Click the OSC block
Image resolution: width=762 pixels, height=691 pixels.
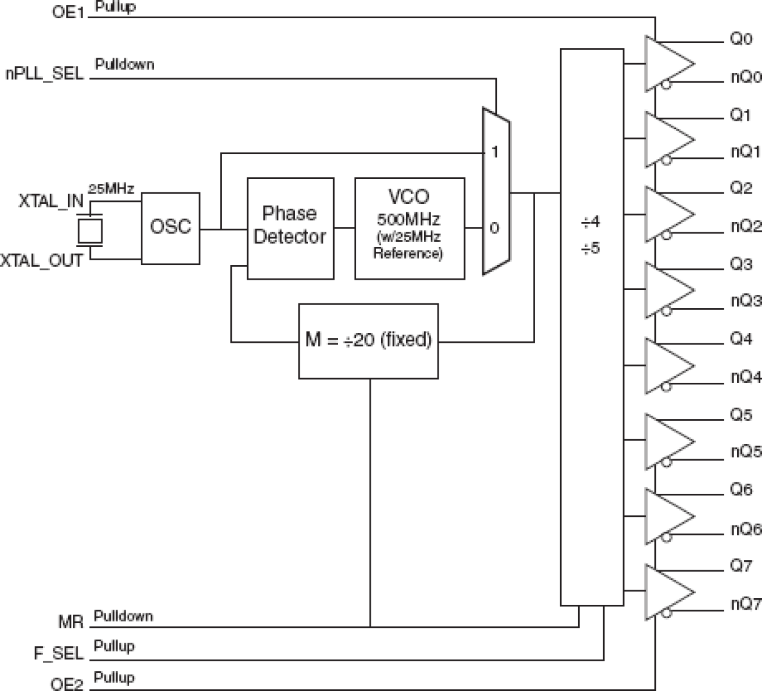pyautogui.click(x=170, y=228)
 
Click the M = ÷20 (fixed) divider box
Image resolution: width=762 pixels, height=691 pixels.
pyautogui.click(x=368, y=341)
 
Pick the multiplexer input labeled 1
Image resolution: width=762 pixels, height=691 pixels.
pyautogui.click(x=494, y=152)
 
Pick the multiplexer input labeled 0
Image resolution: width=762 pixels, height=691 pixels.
pyautogui.click(x=494, y=229)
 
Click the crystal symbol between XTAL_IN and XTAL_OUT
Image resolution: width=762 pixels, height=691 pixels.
pyautogui.click(x=90, y=231)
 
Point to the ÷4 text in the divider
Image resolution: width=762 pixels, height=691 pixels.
pyautogui.click(x=591, y=223)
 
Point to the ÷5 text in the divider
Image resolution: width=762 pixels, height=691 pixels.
pyautogui.click(x=591, y=249)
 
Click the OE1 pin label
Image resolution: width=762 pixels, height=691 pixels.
pyautogui.click(x=67, y=12)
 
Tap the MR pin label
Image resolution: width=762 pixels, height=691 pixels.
pyautogui.click(x=70, y=622)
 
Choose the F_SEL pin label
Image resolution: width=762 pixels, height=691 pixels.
pyautogui.click(x=58, y=653)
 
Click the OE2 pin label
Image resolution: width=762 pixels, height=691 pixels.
pyautogui.click(x=67, y=684)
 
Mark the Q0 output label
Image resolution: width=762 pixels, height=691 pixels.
pyautogui.click(x=741, y=39)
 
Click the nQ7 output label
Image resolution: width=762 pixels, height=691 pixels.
pyautogui.click(x=746, y=604)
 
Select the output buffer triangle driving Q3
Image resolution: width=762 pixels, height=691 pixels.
pyautogui.click(x=667, y=290)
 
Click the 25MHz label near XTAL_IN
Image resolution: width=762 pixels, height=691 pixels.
pyautogui.click(x=111, y=189)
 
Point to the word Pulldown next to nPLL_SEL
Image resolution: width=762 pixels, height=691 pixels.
pyautogui.click(x=124, y=64)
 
